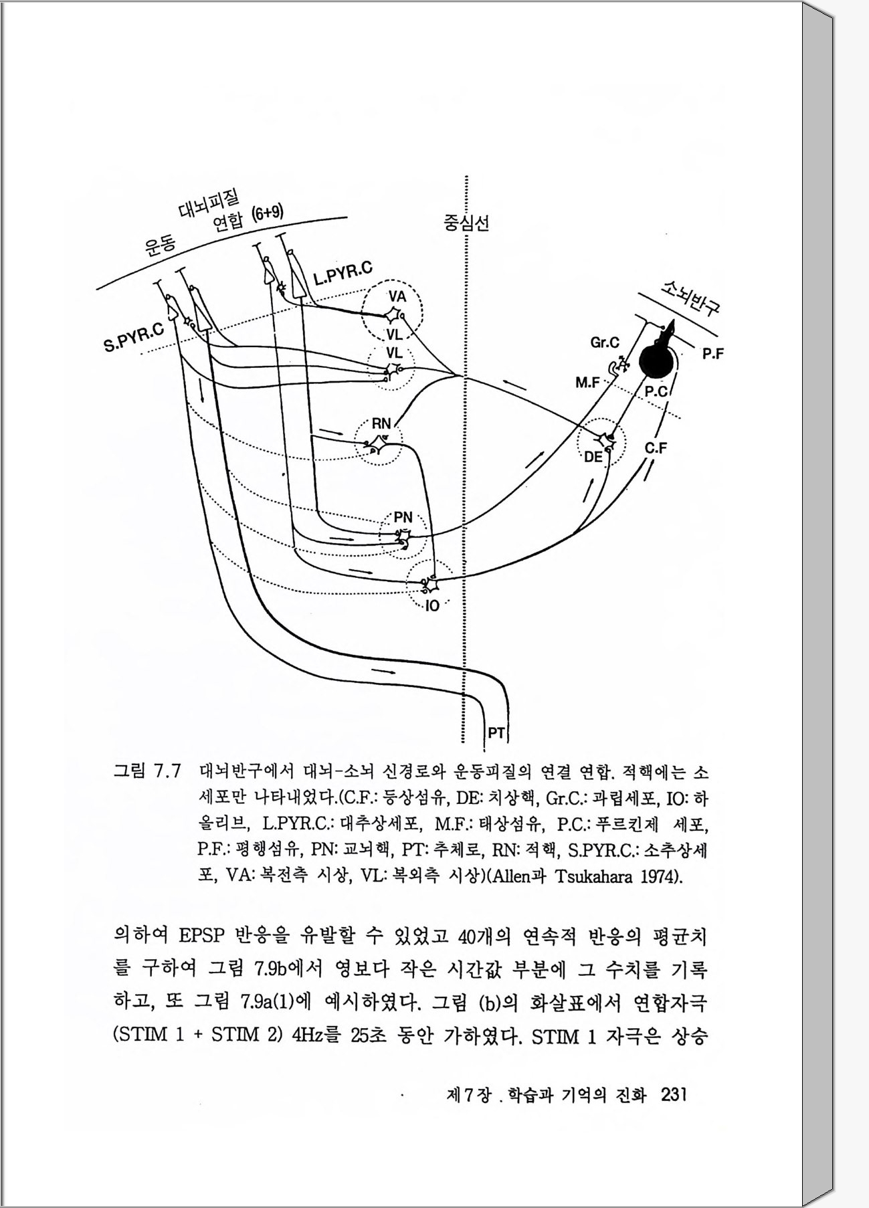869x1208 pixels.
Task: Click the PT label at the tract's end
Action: tap(496, 733)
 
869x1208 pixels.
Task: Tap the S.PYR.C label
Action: tap(134, 336)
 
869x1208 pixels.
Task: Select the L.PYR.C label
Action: tap(342, 274)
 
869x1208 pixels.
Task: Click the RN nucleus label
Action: tap(381, 423)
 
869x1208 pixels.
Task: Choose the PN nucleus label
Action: tap(403, 517)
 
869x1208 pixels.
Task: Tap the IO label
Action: tap(432, 607)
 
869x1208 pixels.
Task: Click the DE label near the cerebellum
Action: tap(593, 458)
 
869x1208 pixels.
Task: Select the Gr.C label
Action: tap(604, 343)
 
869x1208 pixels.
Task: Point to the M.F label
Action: tap(587, 383)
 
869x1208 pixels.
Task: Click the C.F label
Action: tap(656, 449)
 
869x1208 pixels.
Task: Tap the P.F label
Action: tap(713, 354)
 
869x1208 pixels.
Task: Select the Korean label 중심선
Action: tap(466, 223)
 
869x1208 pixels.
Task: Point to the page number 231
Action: tap(674, 1095)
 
